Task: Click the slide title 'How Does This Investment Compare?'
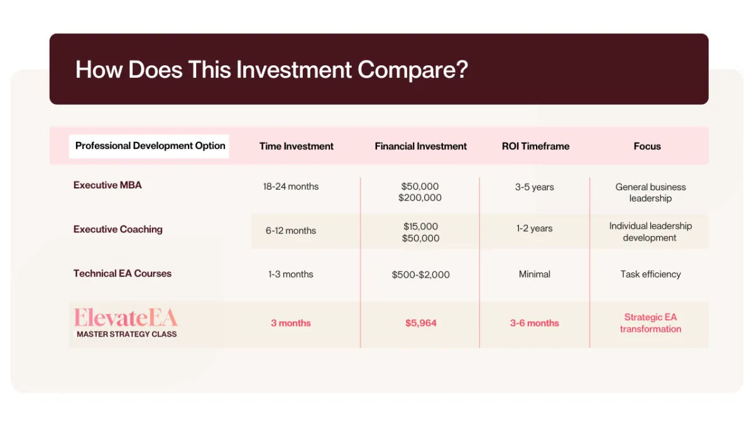click(271, 70)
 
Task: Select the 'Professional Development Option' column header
click(150, 146)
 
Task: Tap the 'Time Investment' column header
click(296, 146)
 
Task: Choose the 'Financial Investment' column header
click(420, 146)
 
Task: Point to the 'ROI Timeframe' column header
click(535, 146)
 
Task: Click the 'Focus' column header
click(647, 146)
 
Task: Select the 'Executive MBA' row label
click(107, 185)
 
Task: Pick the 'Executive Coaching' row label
click(118, 229)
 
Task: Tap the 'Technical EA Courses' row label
click(122, 273)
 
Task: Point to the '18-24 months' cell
click(291, 187)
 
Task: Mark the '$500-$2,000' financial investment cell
click(420, 275)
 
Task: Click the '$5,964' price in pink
click(421, 323)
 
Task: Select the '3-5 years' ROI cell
click(534, 187)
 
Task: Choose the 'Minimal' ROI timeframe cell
click(534, 275)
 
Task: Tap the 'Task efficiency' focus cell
click(650, 275)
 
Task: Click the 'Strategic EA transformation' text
click(650, 323)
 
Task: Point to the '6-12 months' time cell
click(291, 231)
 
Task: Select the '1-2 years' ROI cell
click(534, 229)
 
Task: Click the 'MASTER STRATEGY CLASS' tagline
click(126, 334)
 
